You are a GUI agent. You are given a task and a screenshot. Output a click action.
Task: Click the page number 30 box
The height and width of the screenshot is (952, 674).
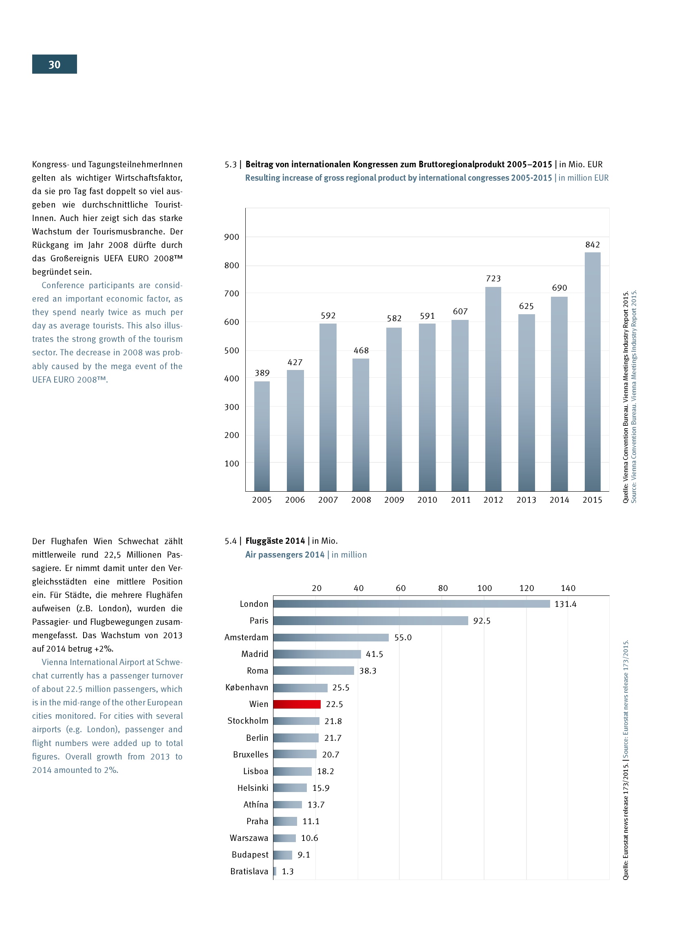coord(54,64)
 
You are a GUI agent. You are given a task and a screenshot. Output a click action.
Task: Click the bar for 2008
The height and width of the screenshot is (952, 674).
coord(361,425)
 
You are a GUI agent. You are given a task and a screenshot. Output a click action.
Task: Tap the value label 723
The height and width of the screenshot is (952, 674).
coord(493,279)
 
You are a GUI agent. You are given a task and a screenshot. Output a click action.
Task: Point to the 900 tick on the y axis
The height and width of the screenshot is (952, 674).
coord(231,237)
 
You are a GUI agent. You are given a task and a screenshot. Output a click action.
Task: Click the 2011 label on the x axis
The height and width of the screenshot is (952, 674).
coord(461,500)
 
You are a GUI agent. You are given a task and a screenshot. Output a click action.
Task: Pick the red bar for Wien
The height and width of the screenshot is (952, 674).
coord(297,704)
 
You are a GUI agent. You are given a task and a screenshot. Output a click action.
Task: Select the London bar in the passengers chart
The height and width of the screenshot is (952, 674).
coord(411,604)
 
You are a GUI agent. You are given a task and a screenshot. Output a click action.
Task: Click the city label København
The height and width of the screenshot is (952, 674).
coord(247,687)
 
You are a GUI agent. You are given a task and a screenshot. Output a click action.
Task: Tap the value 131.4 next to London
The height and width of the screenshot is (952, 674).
coord(565,604)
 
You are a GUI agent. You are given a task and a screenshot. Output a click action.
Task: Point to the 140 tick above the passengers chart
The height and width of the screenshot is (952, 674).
coord(568,588)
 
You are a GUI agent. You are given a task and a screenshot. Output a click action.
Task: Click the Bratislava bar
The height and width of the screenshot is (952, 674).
coord(275,871)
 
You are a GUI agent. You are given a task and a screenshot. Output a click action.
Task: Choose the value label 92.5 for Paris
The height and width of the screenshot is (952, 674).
coord(481,621)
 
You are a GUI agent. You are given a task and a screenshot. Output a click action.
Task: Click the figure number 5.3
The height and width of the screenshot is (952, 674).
coord(230,164)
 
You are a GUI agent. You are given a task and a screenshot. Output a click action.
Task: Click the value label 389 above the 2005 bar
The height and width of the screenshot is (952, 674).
coord(262,373)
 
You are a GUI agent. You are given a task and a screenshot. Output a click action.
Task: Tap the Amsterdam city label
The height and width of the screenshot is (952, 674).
coord(246,637)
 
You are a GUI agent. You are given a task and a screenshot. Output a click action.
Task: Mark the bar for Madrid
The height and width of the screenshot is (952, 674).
coord(317,654)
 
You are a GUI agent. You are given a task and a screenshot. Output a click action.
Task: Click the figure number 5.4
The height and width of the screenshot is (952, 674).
coord(230,541)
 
